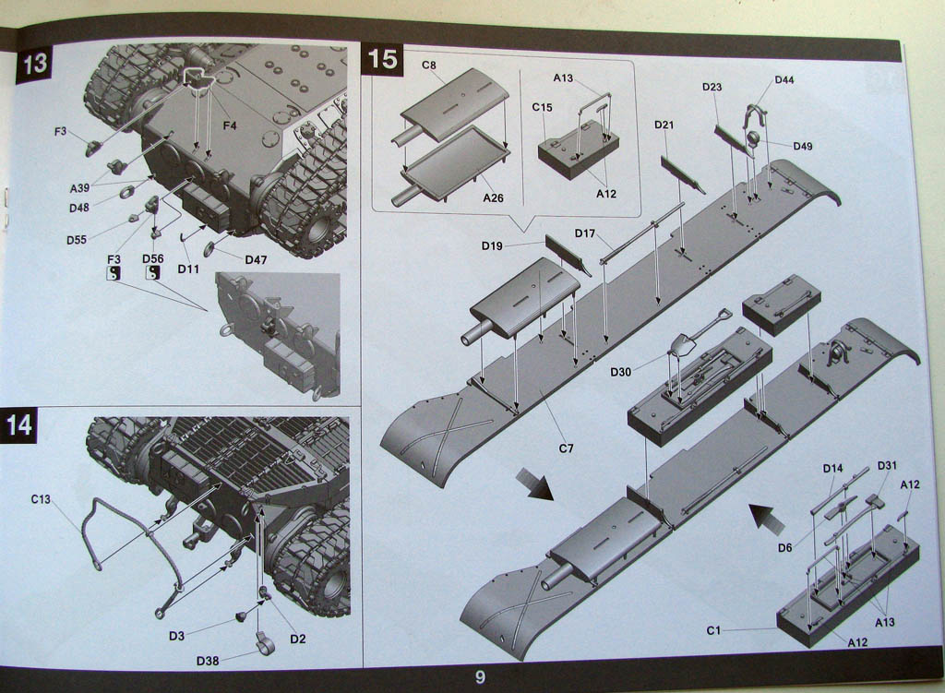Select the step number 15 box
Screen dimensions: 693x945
click(383, 59)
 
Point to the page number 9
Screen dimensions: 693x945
click(480, 677)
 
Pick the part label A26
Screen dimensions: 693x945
click(493, 197)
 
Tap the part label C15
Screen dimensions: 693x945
click(542, 107)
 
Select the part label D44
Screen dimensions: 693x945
click(784, 80)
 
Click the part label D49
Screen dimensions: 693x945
click(803, 146)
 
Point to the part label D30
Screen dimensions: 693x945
click(620, 372)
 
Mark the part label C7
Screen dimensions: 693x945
click(566, 448)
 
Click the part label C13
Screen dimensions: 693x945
click(41, 499)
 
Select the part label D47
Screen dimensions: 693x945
click(256, 260)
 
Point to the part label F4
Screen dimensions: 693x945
click(229, 125)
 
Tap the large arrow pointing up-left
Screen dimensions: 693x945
click(766, 519)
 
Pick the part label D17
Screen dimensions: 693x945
click(585, 233)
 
